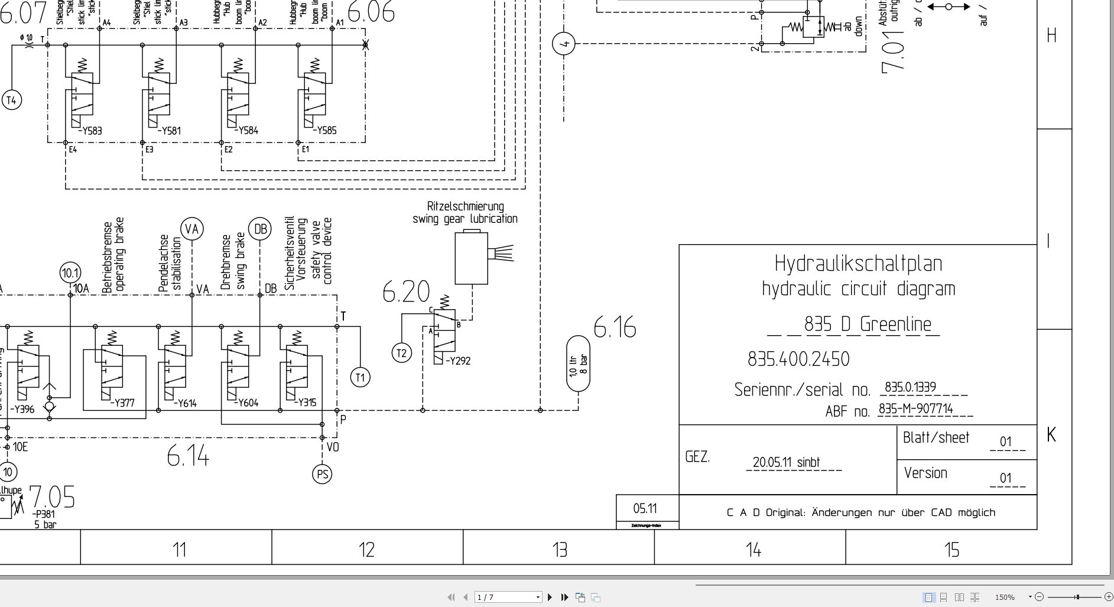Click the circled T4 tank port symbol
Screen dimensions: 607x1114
(11, 100)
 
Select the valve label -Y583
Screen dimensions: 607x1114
(90, 131)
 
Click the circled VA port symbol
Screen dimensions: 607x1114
(191, 229)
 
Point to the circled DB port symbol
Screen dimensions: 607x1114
(260, 229)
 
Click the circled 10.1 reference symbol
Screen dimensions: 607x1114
(70, 273)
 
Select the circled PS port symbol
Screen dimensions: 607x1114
(322, 474)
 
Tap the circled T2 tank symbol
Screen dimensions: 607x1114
(402, 353)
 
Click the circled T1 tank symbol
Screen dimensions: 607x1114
(360, 377)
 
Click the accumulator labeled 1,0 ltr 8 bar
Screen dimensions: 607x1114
(578, 364)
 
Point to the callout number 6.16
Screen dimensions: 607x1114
(615, 327)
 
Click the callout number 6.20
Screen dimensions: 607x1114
(406, 291)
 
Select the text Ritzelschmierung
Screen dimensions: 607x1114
(466, 206)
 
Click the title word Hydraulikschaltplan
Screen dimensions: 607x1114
(858, 264)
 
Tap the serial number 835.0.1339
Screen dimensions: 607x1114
(910, 387)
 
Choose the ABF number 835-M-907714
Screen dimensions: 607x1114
(915, 409)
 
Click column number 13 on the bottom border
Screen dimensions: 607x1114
(559, 550)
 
